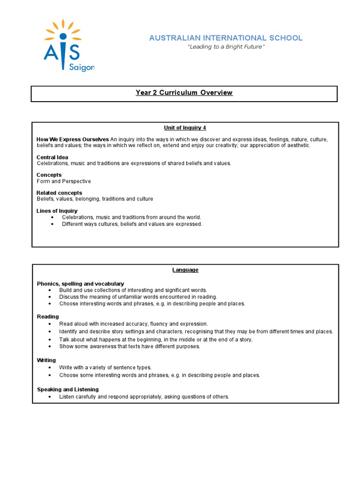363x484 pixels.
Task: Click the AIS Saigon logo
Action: click(69, 46)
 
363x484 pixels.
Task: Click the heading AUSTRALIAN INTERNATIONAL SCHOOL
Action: click(225, 38)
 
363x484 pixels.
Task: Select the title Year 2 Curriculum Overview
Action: click(184, 93)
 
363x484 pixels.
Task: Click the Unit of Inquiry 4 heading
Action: click(185, 128)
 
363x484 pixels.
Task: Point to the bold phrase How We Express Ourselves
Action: click(73, 139)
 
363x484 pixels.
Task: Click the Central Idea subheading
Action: click(52, 157)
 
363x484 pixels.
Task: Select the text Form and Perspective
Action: click(64, 181)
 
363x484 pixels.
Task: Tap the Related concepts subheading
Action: click(59, 193)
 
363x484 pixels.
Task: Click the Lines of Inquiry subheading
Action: click(57, 211)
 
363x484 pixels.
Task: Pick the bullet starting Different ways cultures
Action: click(132, 224)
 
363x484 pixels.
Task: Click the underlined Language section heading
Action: click(185, 270)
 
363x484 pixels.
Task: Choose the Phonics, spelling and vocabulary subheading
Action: click(80, 284)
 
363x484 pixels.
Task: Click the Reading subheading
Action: click(48, 317)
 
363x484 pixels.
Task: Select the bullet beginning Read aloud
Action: click(133, 324)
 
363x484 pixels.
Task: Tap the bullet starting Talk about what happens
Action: click(156, 339)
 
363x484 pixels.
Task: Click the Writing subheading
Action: click(46, 360)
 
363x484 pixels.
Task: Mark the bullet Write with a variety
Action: click(105, 367)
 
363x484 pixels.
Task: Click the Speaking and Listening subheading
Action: click(68, 389)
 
